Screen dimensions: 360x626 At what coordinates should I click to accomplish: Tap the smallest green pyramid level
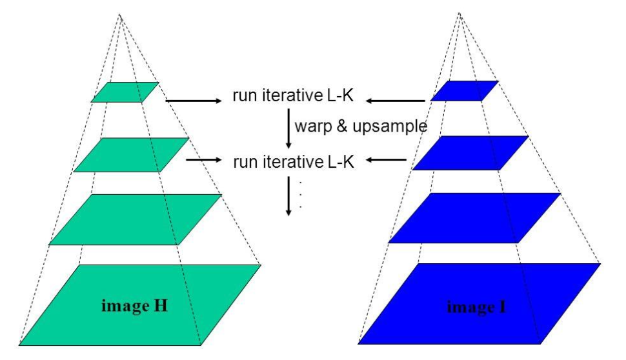[125, 92]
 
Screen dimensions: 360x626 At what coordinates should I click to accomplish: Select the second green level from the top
[132, 155]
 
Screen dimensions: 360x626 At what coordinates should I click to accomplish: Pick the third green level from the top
[136, 219]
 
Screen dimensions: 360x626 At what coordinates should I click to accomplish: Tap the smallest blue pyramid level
[465, 91]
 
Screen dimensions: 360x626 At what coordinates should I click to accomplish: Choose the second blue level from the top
[470, 153]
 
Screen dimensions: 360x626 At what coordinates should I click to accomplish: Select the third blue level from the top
[475, 218]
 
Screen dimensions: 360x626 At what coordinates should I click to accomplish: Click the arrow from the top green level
[193, 100]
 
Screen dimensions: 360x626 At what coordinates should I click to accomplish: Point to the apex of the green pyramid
[119, 14]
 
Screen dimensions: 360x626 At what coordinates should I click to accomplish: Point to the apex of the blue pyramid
[459, 14]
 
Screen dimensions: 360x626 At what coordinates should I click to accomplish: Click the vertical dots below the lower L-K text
[301, 194]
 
